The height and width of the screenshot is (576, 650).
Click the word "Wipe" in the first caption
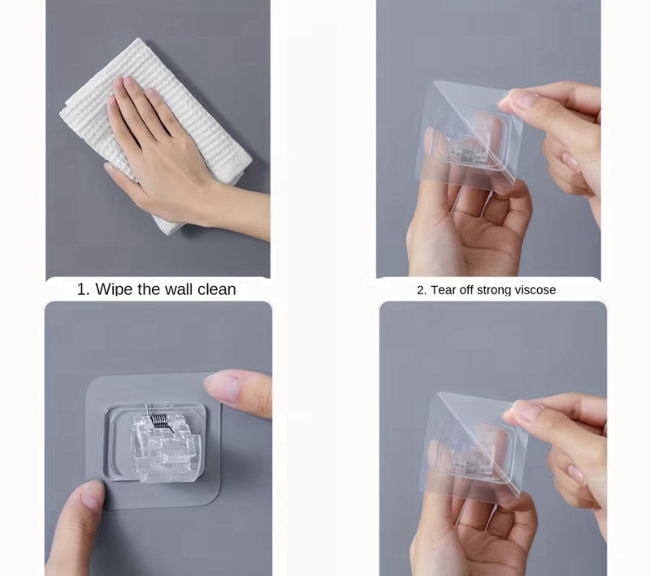click(115, 289)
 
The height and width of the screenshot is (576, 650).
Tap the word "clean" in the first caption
click(217, 289)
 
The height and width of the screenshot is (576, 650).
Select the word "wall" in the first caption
click(179, 289)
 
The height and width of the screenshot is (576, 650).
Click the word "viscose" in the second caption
click(535, 290)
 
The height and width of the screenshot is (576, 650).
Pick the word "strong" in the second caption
click(494, 290)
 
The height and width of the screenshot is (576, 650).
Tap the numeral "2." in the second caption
click(422, 290)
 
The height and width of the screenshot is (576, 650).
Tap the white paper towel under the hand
click(154, 135)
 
